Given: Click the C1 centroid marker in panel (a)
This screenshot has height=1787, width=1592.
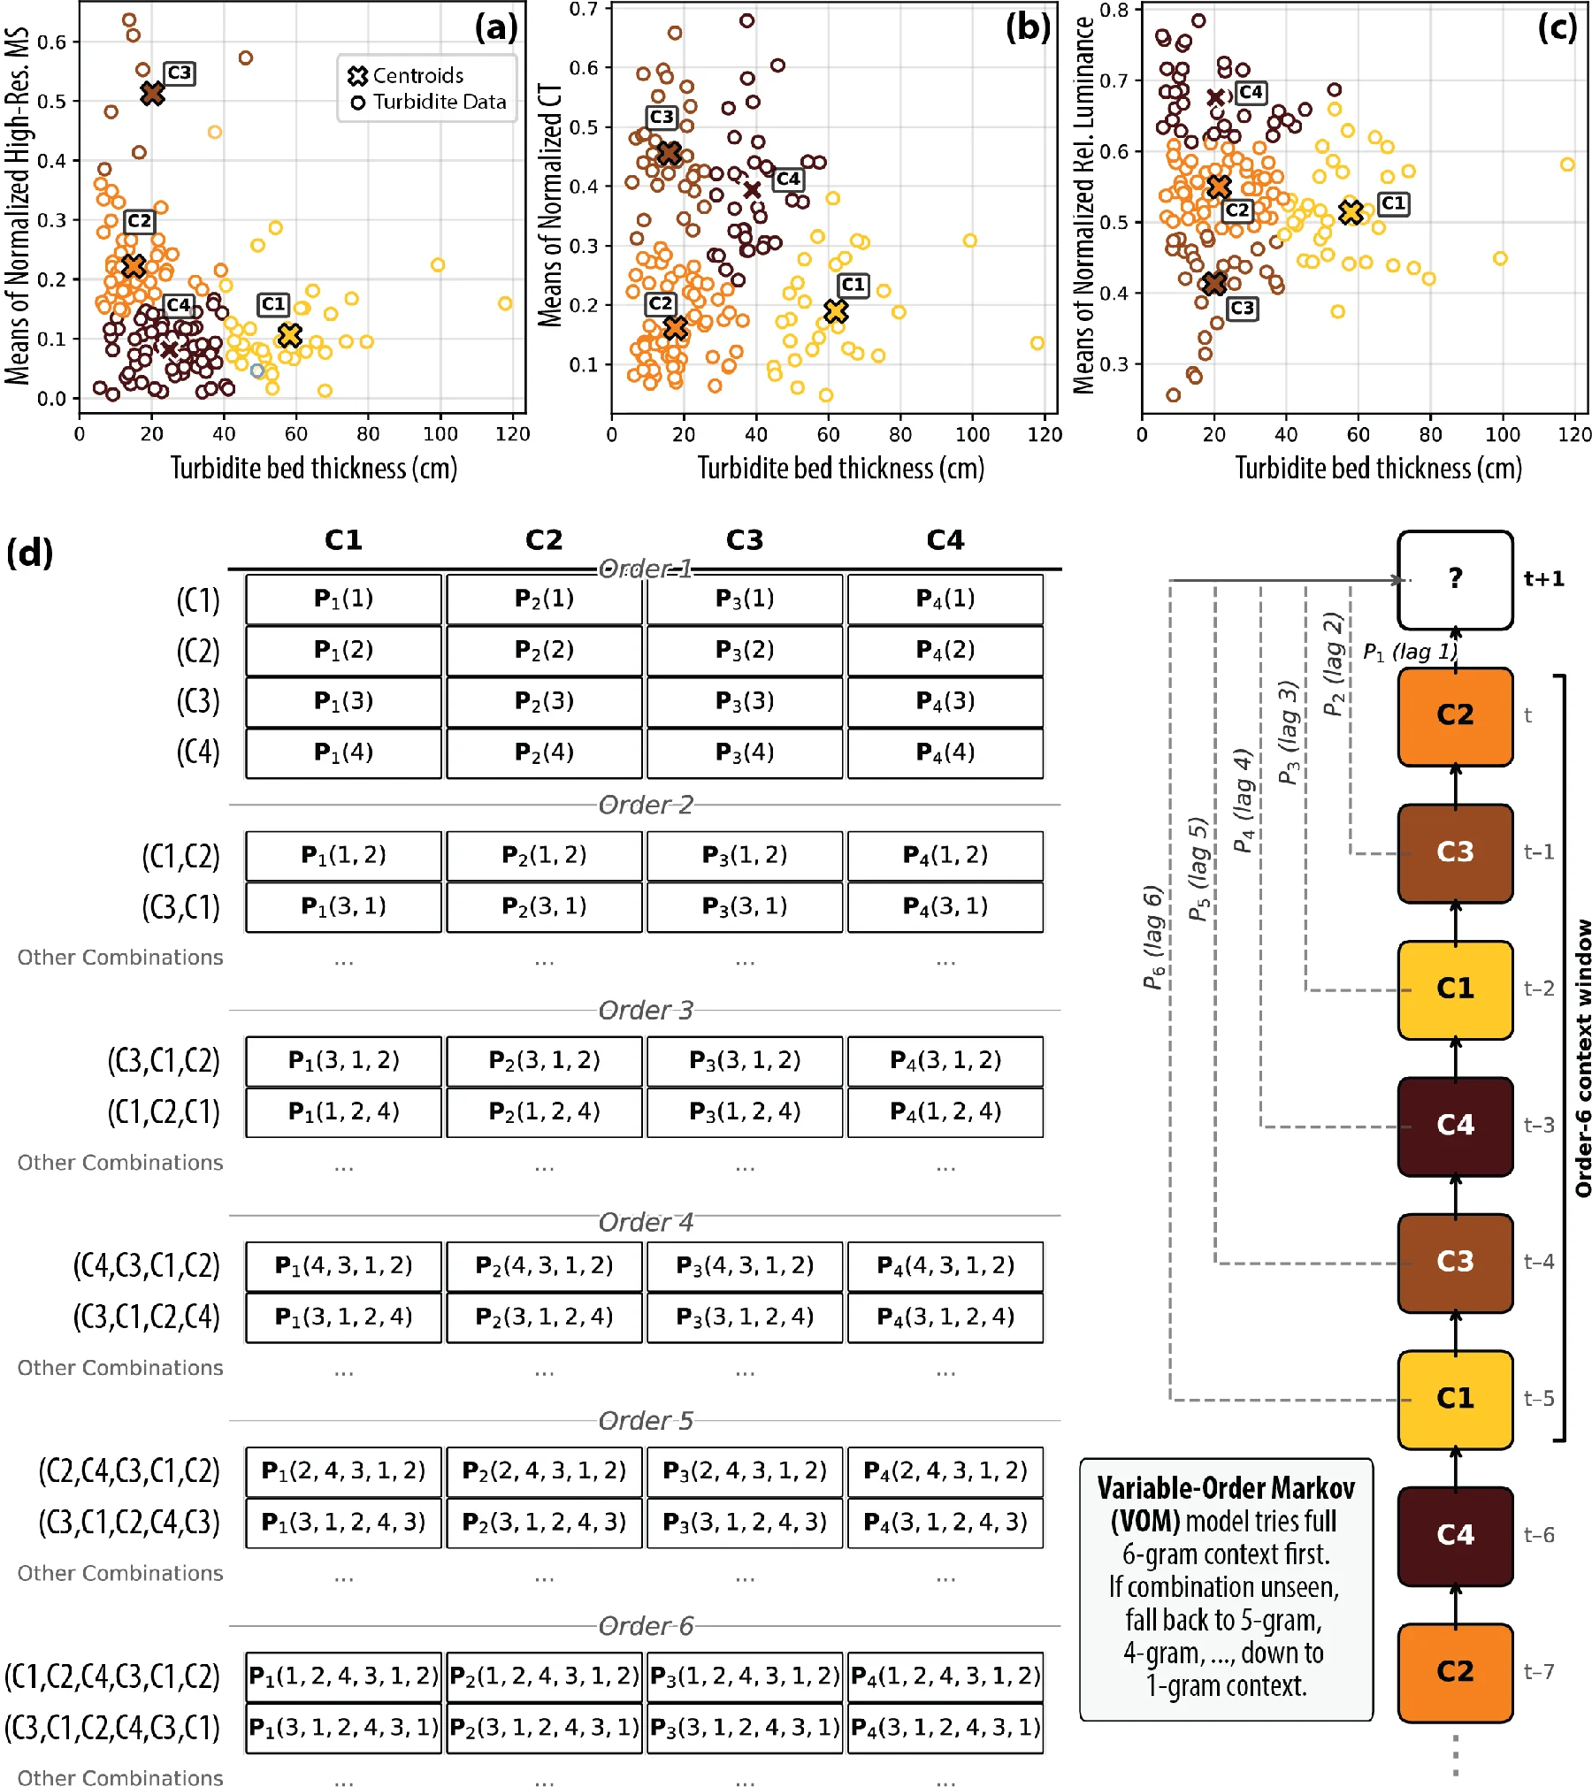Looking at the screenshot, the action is (289, 336).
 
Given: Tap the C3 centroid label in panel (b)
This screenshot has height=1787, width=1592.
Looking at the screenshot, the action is (662, 118).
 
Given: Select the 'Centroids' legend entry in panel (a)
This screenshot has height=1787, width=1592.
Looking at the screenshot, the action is (406, 76).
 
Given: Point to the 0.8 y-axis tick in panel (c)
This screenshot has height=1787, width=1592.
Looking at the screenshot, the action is (1117, 11).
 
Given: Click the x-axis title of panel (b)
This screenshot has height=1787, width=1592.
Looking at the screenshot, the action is (841, 468).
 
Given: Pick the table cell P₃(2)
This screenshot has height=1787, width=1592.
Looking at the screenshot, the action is (745, 651).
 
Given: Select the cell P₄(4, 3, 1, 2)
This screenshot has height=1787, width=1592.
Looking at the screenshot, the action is (945, 1266).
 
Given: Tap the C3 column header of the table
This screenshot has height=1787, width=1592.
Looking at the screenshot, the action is (745, 540).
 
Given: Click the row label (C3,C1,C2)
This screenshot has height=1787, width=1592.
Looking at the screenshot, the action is (164, 1061).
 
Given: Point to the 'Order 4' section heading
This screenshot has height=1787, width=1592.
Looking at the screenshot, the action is (646, 1223).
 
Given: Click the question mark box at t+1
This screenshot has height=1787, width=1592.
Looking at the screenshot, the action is (1456, 580).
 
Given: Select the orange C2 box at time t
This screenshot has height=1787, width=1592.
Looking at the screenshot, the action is (1456, 716).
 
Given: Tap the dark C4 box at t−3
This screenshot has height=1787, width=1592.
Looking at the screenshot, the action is (1456, 1126).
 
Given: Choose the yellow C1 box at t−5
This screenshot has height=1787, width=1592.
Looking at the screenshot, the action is (1456, 1400).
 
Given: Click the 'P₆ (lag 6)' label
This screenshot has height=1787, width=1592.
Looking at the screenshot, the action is (1152, 937).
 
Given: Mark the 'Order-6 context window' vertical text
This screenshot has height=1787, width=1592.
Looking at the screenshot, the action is (1582, 1058).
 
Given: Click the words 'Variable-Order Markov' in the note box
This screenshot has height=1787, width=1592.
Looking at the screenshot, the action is (1226, 1489).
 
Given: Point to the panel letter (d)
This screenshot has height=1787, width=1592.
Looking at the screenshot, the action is (30, 554).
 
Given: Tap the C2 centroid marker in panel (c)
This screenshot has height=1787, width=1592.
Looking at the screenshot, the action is (1219, 187).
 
